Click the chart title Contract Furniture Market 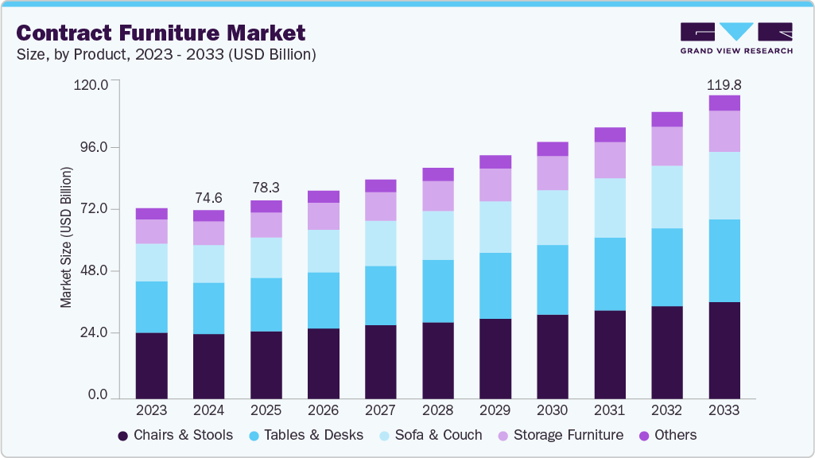[x=161, y=33]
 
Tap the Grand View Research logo [x=736, y=38]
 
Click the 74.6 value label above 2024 [x=208, y=198]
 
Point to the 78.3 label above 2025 [x=266, y=188]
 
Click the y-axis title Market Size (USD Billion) [x=67, y=238]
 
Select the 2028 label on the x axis [x=437, y=410]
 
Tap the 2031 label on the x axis [x=609, y=410]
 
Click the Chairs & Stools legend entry [x=175, y=435]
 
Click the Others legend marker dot [x=644, y=436]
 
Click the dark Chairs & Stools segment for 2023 [x=151, y=365]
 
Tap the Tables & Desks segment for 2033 [x=724, y=261]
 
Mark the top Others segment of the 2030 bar [x=552, y=149]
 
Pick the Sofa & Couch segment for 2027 [x=380, y=243]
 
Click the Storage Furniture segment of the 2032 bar [x=666, y=146]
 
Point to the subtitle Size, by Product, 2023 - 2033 [x=166, y=54]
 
